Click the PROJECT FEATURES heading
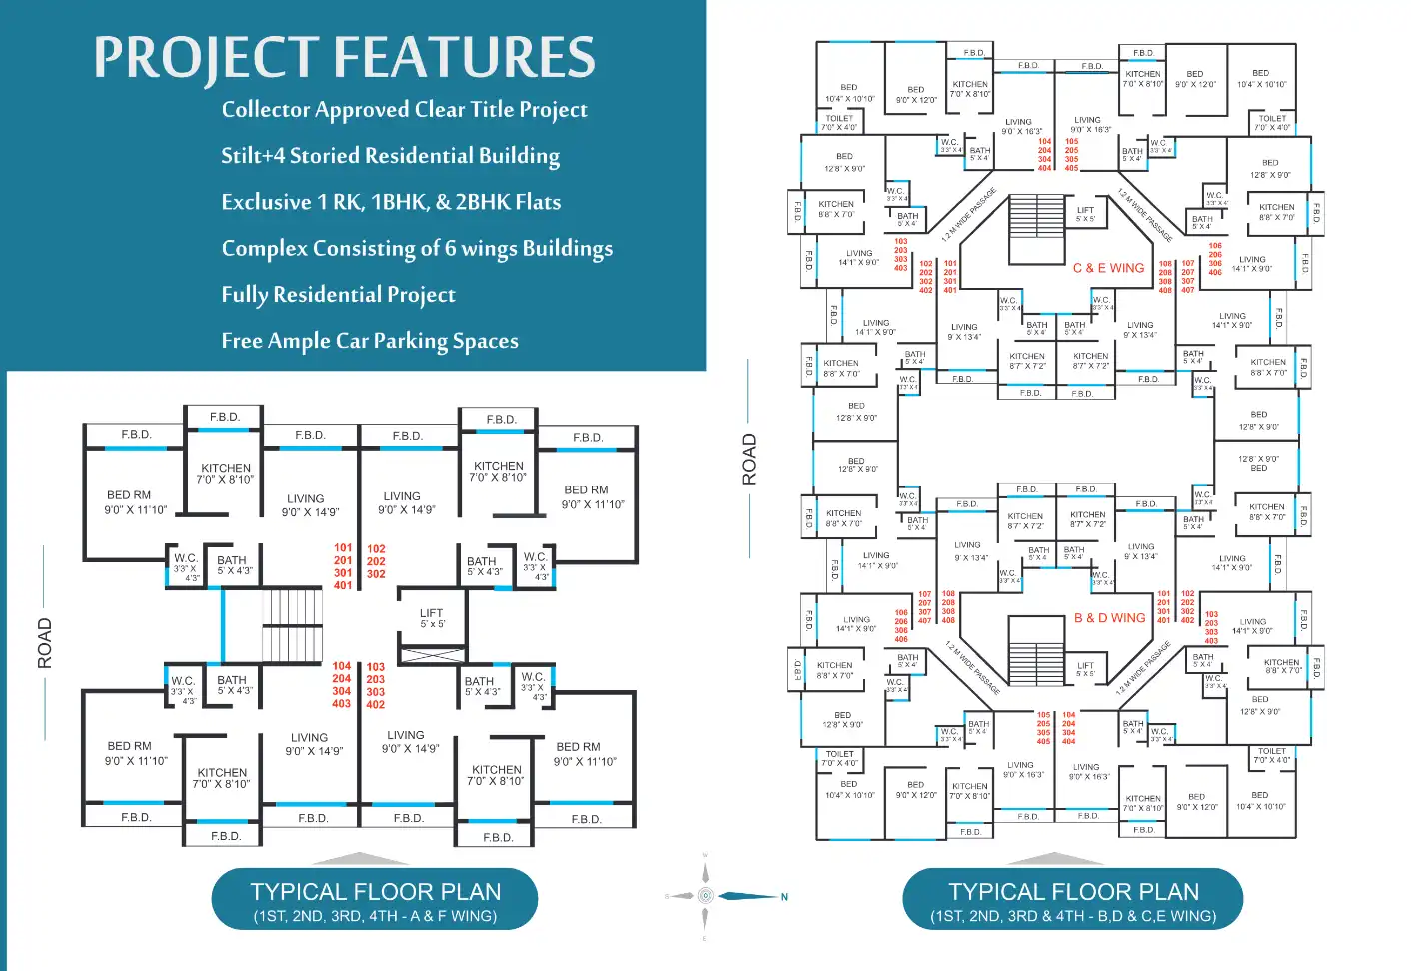tap(345, 57)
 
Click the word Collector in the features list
tap(265, 109)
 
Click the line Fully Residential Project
tap(338, 295)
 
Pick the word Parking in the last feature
tap(409, 341)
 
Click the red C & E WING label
tap(1108, 268)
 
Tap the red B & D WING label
tap(1109, 618)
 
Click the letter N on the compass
tap(784, 897)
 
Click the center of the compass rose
tap(705, 896)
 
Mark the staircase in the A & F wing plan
tap(293, 621)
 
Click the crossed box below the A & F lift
tap(431, 656)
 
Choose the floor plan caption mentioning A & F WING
tap(375, 901)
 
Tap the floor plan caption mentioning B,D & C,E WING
tap(1073, 901)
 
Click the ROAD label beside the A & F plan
tap(44, 643)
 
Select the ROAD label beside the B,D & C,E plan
tap(749, 459)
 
